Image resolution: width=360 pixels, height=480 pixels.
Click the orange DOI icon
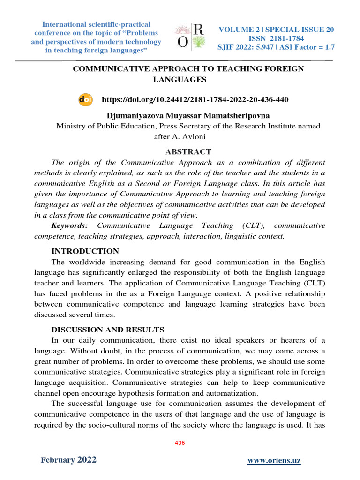85,100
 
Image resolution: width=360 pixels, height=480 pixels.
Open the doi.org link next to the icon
195,100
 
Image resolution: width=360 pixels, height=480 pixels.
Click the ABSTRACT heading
188,152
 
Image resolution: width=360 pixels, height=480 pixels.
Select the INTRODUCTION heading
85,251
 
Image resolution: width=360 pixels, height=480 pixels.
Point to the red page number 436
180,442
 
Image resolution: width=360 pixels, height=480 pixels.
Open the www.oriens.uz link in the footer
274,461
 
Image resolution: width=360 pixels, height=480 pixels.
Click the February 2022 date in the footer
68,460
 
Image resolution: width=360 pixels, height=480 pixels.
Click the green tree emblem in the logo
198,42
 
